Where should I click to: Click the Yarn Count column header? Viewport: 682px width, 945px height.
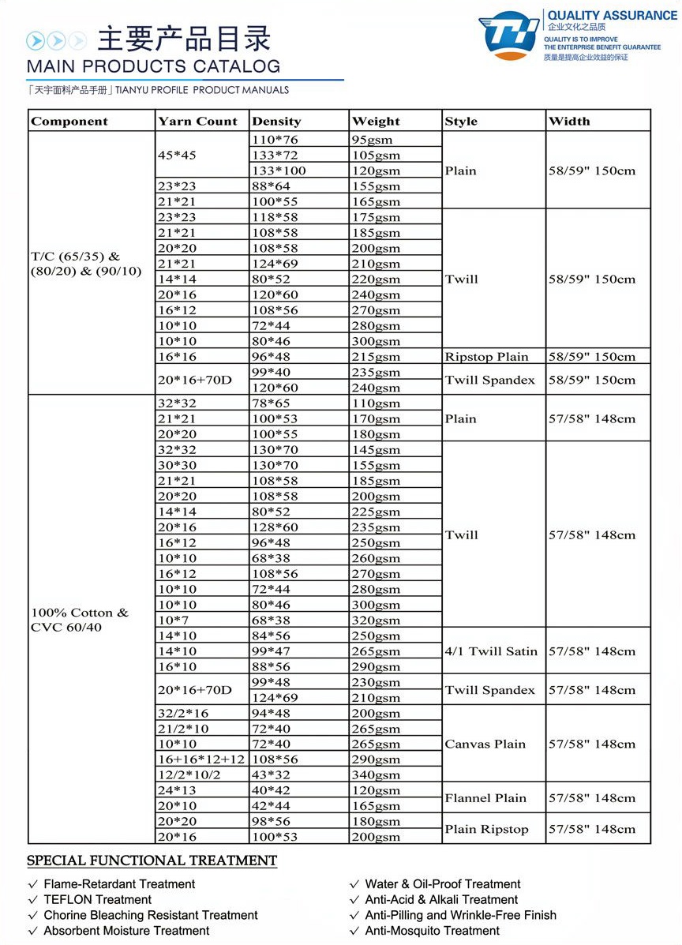[197, 121]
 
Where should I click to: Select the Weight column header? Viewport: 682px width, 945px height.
[376, 121]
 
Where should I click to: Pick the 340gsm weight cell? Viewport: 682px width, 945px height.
[376, 774]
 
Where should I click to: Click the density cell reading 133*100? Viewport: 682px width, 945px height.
[279, 171]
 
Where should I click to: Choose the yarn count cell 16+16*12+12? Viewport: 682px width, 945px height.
[200, 759]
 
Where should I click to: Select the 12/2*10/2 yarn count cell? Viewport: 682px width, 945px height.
[189, 774]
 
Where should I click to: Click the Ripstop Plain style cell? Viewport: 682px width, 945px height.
[486, 356]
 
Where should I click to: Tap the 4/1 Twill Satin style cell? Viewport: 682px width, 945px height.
[491, 651]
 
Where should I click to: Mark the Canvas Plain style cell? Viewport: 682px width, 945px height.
[485, 744]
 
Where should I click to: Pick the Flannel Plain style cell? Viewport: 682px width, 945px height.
[485, 797]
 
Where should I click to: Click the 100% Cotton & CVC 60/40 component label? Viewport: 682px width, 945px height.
[79, 620]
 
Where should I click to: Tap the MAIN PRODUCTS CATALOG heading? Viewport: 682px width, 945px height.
[153, 66]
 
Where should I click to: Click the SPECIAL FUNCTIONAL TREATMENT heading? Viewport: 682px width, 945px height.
[152, 861]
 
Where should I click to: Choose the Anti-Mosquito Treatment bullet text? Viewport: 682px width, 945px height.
[432, 931]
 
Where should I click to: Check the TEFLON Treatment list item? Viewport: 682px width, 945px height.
[97, 899]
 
